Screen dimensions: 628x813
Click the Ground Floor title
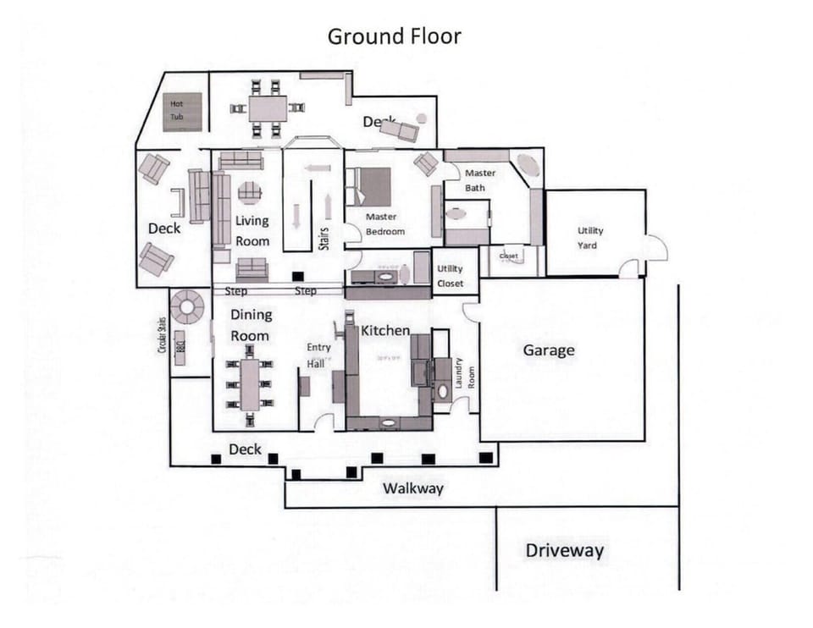(394, 36)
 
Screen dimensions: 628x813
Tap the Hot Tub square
(182, 111)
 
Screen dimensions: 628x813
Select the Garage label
(548, 350)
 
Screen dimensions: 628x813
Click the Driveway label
(565, 551)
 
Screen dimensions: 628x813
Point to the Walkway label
(412, 488)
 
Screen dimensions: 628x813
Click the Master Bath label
(479, 180)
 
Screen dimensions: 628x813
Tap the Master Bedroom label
(384, 224)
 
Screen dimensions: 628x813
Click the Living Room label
(252, 230)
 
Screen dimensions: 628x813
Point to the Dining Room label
(251, 325)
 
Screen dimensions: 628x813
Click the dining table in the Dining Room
(251, 385)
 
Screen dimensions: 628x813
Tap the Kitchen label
(385, 331)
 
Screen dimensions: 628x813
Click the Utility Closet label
(450, 276)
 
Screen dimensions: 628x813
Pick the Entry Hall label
(318, 355)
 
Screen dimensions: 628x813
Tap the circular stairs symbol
(187, 307)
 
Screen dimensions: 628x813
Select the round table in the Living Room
(249, 193)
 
